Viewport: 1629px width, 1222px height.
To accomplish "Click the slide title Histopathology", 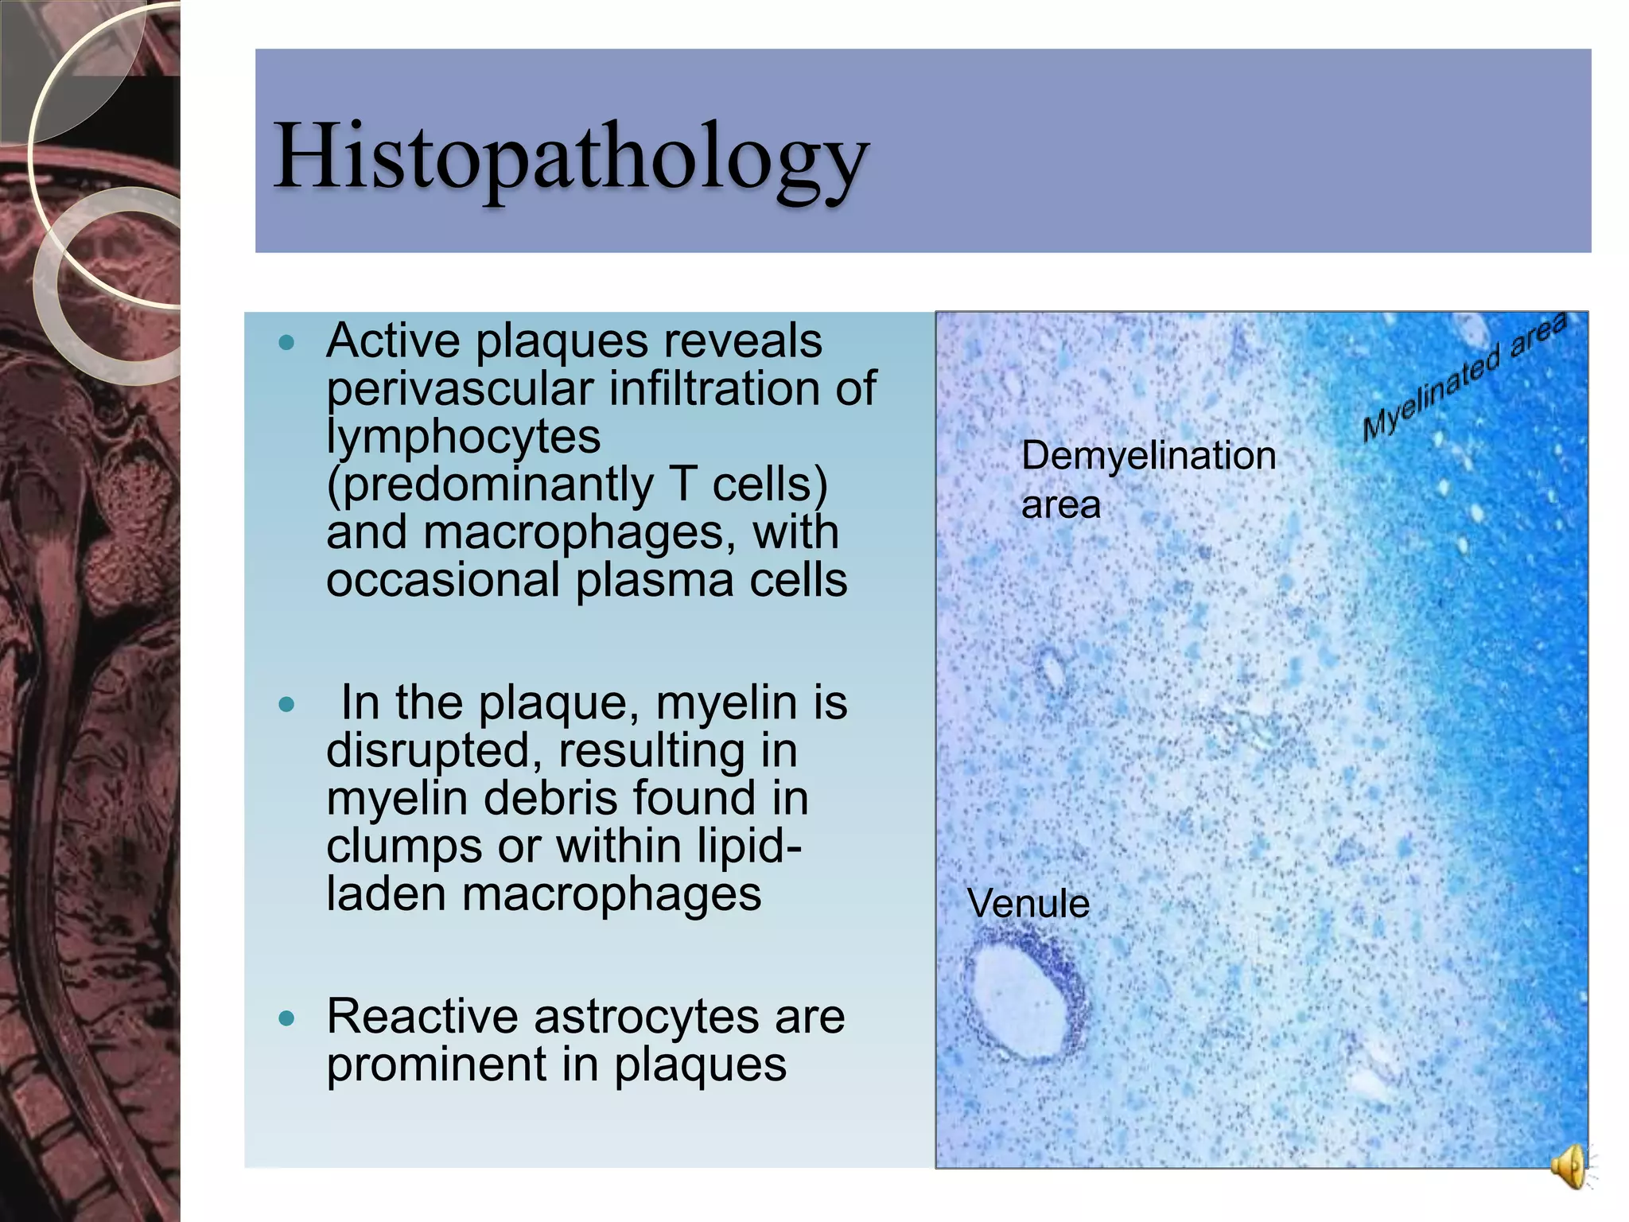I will coord(570,157).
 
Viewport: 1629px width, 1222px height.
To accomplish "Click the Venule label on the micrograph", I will coord(1028,904).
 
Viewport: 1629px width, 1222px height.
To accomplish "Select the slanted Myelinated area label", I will coord(1463,378).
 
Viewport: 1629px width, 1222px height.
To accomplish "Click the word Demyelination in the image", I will coord(1148,457).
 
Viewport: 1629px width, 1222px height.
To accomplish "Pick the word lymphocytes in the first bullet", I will coord(463,437).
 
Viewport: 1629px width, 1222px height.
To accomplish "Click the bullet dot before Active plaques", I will coord(287,344).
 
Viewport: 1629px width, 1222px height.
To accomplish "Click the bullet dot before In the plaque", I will coord(287,705).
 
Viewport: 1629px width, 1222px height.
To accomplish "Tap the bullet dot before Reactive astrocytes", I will coord(287,1018).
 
